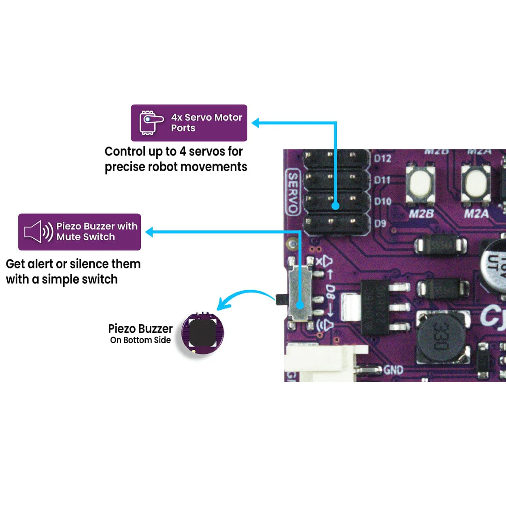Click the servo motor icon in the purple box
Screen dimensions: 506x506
(151, 122)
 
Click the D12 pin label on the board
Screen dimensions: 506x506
(383, 158)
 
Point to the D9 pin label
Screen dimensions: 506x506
(380, 223)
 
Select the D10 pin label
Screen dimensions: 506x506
(383, 201)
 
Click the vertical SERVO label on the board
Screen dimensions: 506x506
(293, 192)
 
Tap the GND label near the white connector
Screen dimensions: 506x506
(393, 370)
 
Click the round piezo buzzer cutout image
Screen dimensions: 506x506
(202, 333)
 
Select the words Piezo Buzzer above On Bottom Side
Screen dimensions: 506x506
(140, 328)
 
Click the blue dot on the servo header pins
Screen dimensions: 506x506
(335, 206)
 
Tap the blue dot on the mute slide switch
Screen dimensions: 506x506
(300, 305)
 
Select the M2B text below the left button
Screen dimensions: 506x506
(421, 213)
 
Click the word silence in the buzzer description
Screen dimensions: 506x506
(89, 264)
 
